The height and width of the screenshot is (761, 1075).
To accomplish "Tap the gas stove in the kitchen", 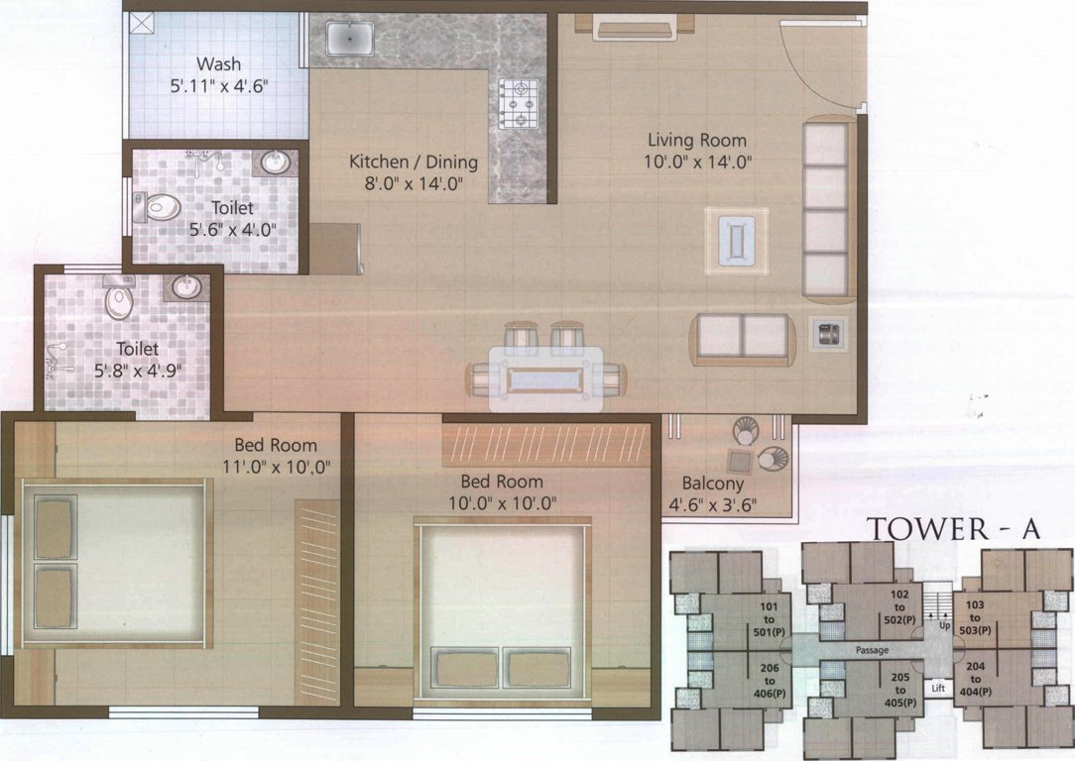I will pos(518,104).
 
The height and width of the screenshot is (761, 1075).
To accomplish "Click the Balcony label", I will pos(712,484).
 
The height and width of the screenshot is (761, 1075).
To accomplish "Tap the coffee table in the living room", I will pos(737,241).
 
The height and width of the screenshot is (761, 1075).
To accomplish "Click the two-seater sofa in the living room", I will pos(743,338).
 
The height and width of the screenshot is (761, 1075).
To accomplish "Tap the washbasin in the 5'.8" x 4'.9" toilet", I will pos(185,286).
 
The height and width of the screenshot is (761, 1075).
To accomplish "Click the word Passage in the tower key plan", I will pos(869,650).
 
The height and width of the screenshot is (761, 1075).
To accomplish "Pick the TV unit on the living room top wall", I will pos(635,27).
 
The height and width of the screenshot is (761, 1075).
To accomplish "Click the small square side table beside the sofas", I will pos(825,334).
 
